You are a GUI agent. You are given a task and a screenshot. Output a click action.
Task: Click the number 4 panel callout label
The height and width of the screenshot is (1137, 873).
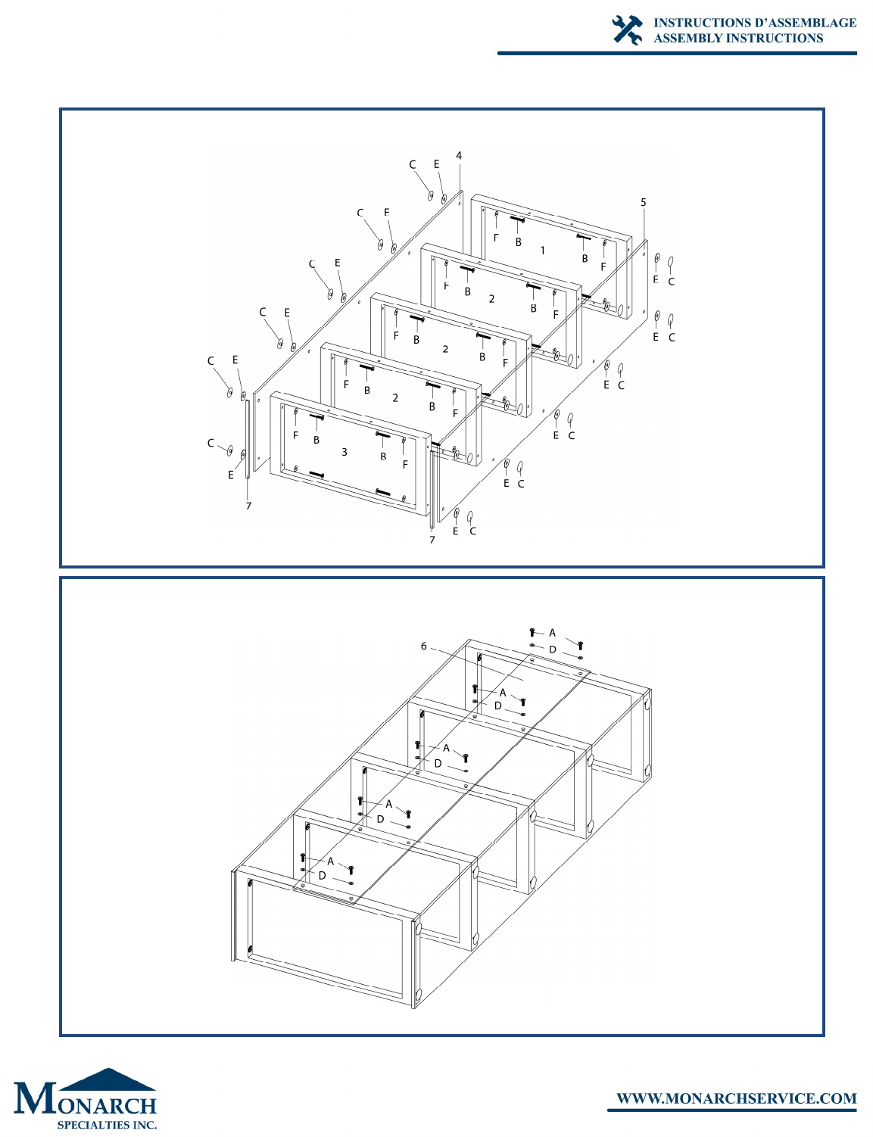point(459,155)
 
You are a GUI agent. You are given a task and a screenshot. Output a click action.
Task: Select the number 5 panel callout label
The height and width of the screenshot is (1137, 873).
point(644,202)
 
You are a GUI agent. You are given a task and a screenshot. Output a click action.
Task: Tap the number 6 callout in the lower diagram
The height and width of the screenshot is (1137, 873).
point(424,646)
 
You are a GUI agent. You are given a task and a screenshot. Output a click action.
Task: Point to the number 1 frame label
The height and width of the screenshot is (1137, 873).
point(543,251)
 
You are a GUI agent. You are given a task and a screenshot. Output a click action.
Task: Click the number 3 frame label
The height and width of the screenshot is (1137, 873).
point(344,452)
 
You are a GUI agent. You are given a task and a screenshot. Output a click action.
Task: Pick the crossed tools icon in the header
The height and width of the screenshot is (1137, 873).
point(627,30)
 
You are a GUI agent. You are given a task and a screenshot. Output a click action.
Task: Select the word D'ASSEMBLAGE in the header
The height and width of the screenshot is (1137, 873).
point(804,23)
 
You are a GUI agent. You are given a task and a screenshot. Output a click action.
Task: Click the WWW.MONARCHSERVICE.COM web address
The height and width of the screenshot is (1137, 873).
point(737,1098)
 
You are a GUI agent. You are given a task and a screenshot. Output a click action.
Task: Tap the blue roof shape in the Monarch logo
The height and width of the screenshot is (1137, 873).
point(108,1079)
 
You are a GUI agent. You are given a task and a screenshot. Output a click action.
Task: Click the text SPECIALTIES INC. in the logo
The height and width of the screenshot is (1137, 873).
point(107,1124)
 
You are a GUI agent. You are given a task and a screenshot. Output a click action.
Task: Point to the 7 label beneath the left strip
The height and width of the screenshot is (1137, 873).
point(248,506)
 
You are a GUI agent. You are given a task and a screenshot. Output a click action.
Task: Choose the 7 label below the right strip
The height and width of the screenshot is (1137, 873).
point(432,540)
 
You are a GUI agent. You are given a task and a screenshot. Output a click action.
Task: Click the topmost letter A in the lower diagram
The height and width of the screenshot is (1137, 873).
point(552,633)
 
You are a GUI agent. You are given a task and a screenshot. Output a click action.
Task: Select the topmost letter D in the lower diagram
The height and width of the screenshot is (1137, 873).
point(552,649)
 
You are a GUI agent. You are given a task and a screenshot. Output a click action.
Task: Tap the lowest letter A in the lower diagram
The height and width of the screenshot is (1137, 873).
point(330,861)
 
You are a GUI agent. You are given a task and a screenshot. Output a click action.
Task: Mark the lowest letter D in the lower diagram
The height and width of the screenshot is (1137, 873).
point(323,875)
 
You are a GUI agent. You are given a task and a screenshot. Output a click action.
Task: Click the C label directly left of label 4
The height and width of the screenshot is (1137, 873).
point(413,164)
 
